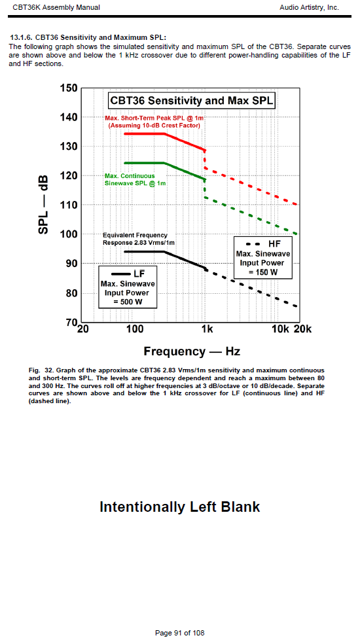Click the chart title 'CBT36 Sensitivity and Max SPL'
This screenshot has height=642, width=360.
tap(191, 101)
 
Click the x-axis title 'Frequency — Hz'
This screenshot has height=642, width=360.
tap(192, 351)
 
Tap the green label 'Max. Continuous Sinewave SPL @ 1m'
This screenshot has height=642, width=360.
tap(135, 179)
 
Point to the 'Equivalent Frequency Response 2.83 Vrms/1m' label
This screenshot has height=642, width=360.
tap(139, 239)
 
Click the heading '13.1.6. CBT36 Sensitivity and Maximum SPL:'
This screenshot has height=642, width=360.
tap(88, 38)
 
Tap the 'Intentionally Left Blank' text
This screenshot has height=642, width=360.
tap(180, 507)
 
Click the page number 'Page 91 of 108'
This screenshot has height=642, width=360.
tap(180, 633)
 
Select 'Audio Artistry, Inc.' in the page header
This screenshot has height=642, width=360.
tap(310, 7)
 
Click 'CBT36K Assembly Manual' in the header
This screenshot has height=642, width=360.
tap(56, 7)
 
